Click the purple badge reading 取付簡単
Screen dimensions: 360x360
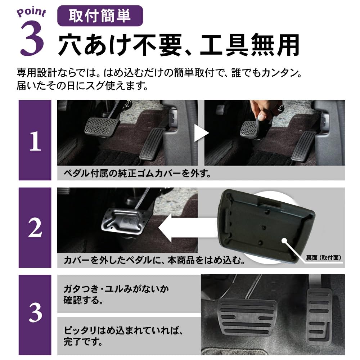click(100, 16)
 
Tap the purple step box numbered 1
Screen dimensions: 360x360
click(35, 140)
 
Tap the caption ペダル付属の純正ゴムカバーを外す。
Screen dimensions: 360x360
click(137, 174)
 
